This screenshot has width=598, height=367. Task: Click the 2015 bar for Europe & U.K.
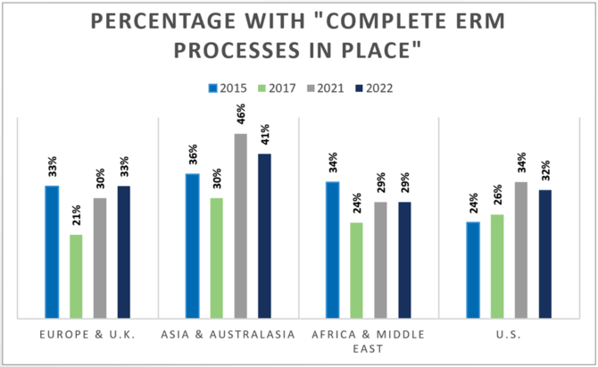click(x=52, y=251)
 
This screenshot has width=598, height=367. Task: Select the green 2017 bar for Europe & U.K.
click(x=76, y=276)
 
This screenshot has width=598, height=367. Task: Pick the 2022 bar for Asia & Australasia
click(x=264, y=236)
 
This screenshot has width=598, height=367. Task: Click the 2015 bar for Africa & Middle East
click(x=332, y=249)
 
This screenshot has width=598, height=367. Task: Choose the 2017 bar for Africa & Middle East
click(x=356, y=270)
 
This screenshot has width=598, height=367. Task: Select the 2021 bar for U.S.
click(x=521, y=249)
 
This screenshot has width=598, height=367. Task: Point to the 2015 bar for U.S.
click(x=473, y=270)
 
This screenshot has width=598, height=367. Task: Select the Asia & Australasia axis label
click(x=228, y=333)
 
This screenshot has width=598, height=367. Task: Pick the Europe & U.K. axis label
click(x=87, y=333)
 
